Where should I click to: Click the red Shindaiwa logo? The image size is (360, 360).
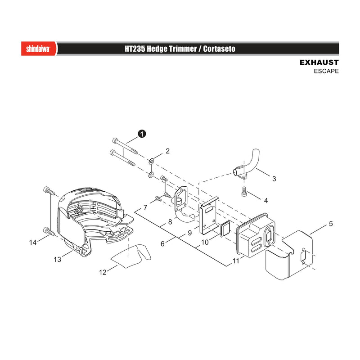point(39,49)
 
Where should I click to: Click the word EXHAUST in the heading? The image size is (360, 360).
point(319,63)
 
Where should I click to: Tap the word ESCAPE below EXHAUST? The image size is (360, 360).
point(326,71)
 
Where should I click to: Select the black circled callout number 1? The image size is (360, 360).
point(142,134)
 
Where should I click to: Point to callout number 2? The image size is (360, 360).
point(167,151)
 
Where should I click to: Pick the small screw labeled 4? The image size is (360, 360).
point(244,192)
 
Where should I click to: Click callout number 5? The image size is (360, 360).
point(331,224)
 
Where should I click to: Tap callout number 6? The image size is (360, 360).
point(162,244)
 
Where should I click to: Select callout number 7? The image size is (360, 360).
point(145,207)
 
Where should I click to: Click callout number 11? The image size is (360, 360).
point(236,261)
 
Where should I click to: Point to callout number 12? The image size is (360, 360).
point(103,272)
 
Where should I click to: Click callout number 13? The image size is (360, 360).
point(58,260)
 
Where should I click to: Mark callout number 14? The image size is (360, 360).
point(33,243)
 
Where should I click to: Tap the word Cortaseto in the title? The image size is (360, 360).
point(219,49)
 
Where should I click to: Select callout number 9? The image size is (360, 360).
point(189,233)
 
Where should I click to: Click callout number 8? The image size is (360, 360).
point(170,222)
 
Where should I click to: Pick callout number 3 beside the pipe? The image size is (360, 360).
point(274,179)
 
